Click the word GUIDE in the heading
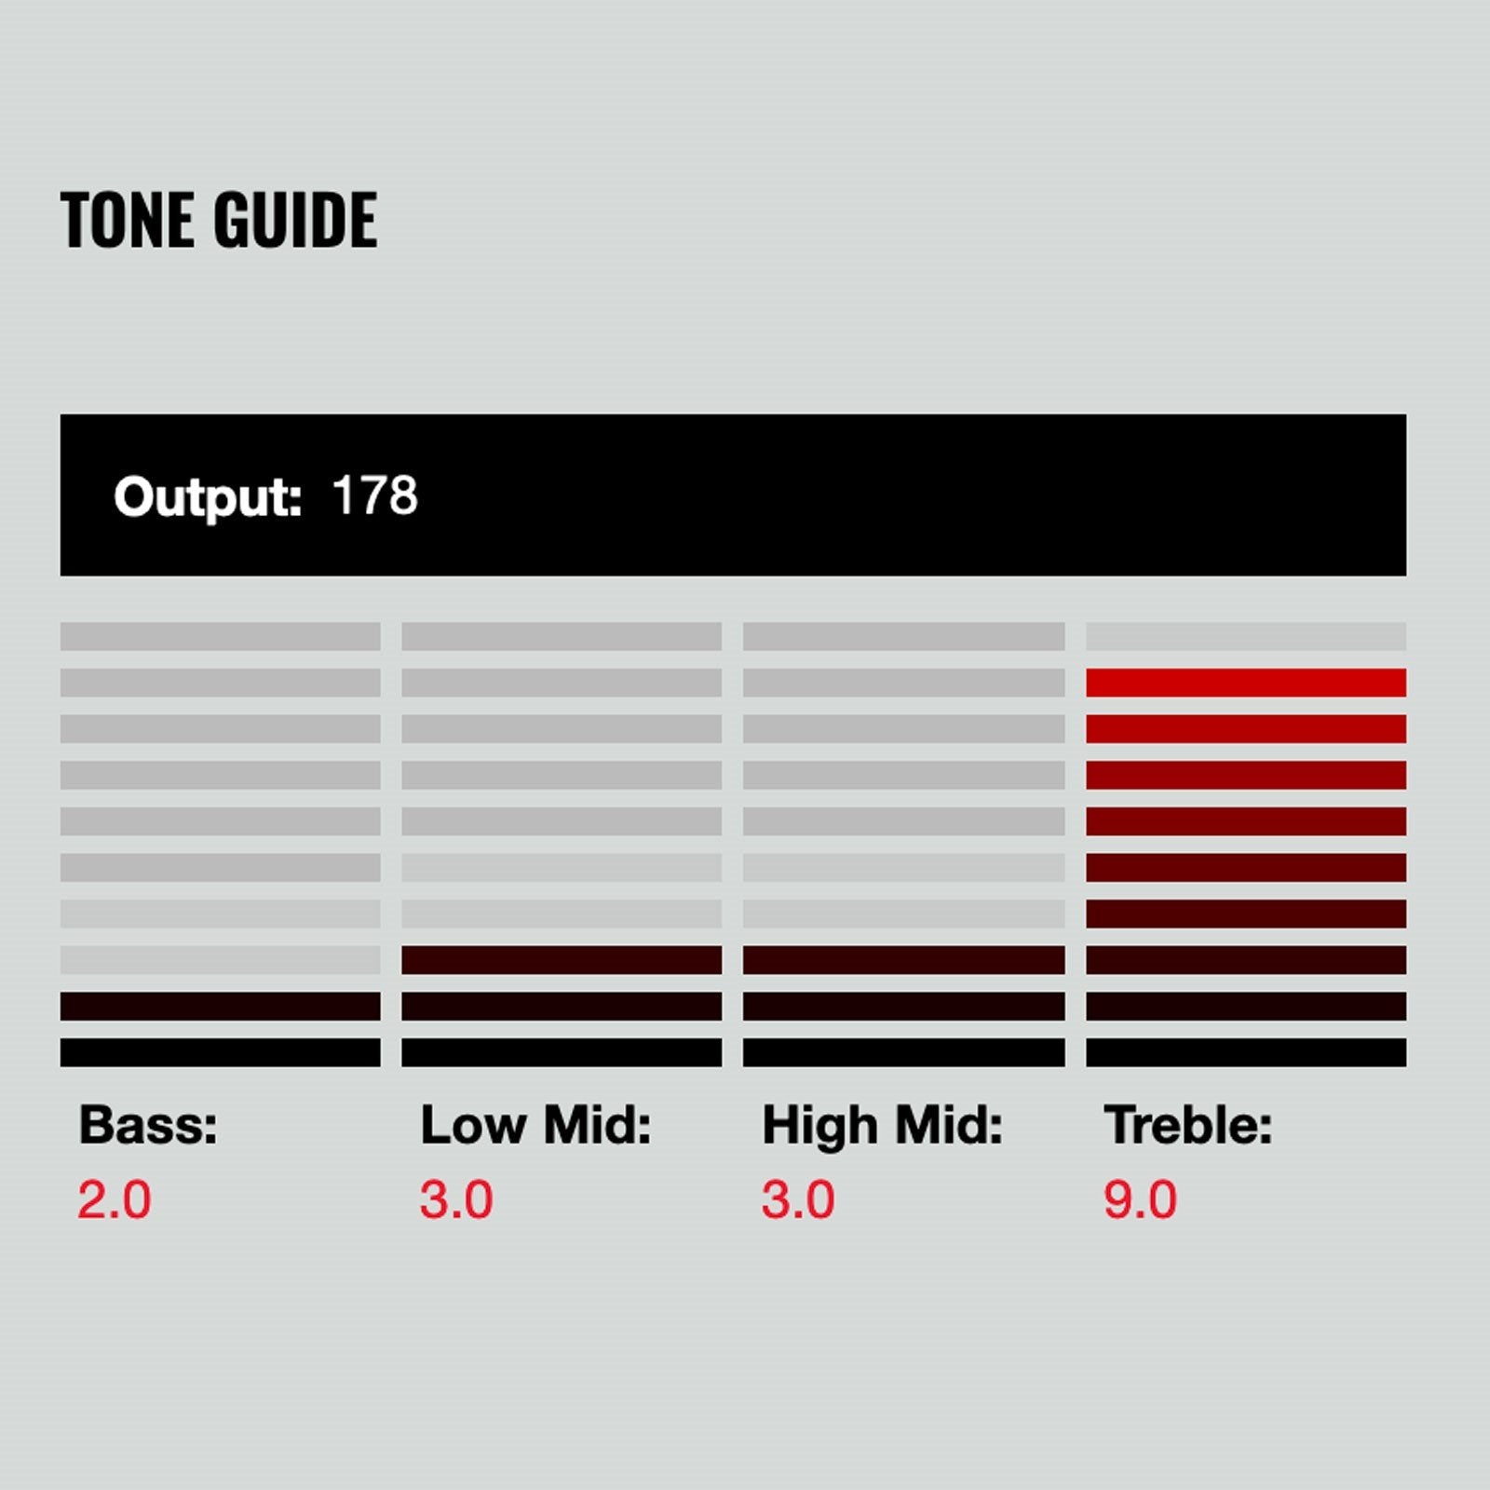pyautogui.click(x=295, y=220)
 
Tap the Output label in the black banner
pyautogui.click(x=208, y=497)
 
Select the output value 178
pyautogui.click(x=374, y=495)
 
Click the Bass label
pyautogui.click(x=148, y=1124)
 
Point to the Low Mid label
pyautogui.click(x=535, y=1124)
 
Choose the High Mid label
pyautogui.click(x=882, y=1125)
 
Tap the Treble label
pyautogui.click(x=1188, y=1124)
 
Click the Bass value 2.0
pyautogui.click(x=114, y=1199)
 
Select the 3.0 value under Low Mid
pyautogui.click(x=456, y=1199)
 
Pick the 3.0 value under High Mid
pyautogui.click(x=798, y=1199)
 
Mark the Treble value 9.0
pyautogui.click(x=1141, y=1199)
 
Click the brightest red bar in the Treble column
pyautogui.click(x=1246, y=683)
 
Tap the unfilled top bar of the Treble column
pyautogui.click(x=1246, y=636)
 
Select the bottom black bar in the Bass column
pyautogui.click(x=221, y=1052)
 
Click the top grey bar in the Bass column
pyautogui.click(x=221, y=636)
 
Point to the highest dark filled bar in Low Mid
pyautogui.click(x=562, y=960)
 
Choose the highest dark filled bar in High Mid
pyautogui.click(x=903, y=960)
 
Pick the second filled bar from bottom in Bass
pyautogui.click(x=221, y=1006)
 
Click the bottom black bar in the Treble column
pyautogui.click(x=1246, y=1052)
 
